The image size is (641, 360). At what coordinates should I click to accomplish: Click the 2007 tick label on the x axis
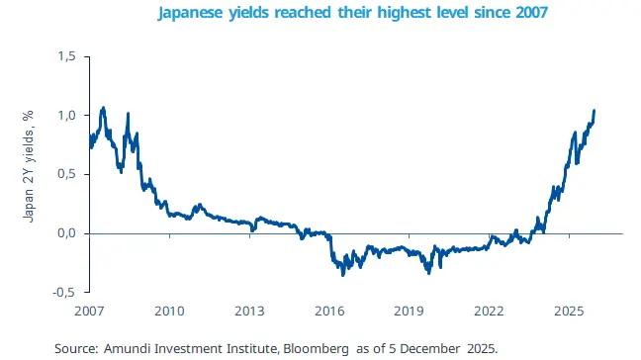(x=89, y=311)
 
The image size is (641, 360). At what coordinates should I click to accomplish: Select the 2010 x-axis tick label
(x=169, y=311)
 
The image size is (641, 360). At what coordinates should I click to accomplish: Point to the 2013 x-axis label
(x=249, y=311)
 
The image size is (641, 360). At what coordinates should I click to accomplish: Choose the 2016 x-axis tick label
(x=329, y=311)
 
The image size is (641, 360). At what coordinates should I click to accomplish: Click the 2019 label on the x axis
(x=410, y=311)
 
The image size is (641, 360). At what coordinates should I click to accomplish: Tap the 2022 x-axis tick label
(x=490, y=311)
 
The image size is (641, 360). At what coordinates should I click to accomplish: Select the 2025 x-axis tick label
(x=570, y=311)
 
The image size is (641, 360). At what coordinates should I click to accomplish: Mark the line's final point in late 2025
(x=595, y=111)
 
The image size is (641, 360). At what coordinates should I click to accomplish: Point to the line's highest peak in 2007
(x=103, y=107)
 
